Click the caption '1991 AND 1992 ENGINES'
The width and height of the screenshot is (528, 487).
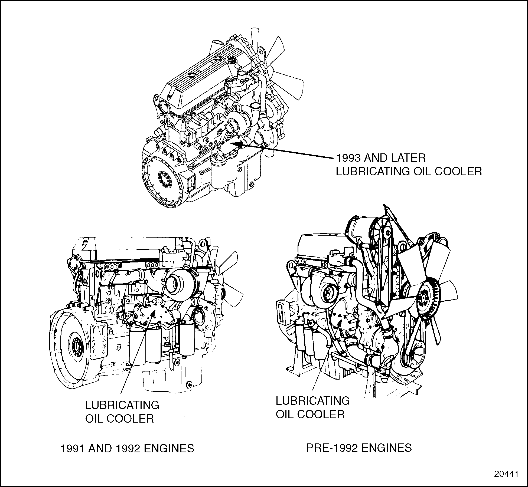click(x=127, y=449)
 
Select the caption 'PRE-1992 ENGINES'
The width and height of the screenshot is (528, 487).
click(x=359, y=448)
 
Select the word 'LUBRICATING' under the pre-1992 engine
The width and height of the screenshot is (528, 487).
click(x=313, y=401)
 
